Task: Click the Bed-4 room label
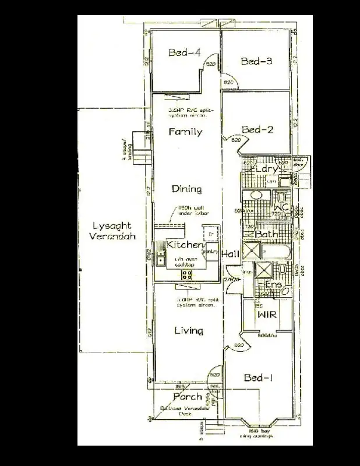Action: point(185,53)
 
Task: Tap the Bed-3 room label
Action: point(257,61)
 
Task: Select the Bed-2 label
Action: point(257,129)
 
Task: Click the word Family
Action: point(185,132)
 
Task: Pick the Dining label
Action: point(186,189)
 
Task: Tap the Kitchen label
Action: point(183,245)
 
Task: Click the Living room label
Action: point(189,331)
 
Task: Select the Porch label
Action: point(188,397)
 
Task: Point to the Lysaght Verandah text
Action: point(112,232)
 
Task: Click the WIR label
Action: point(266,315)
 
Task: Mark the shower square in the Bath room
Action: point(253,252)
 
